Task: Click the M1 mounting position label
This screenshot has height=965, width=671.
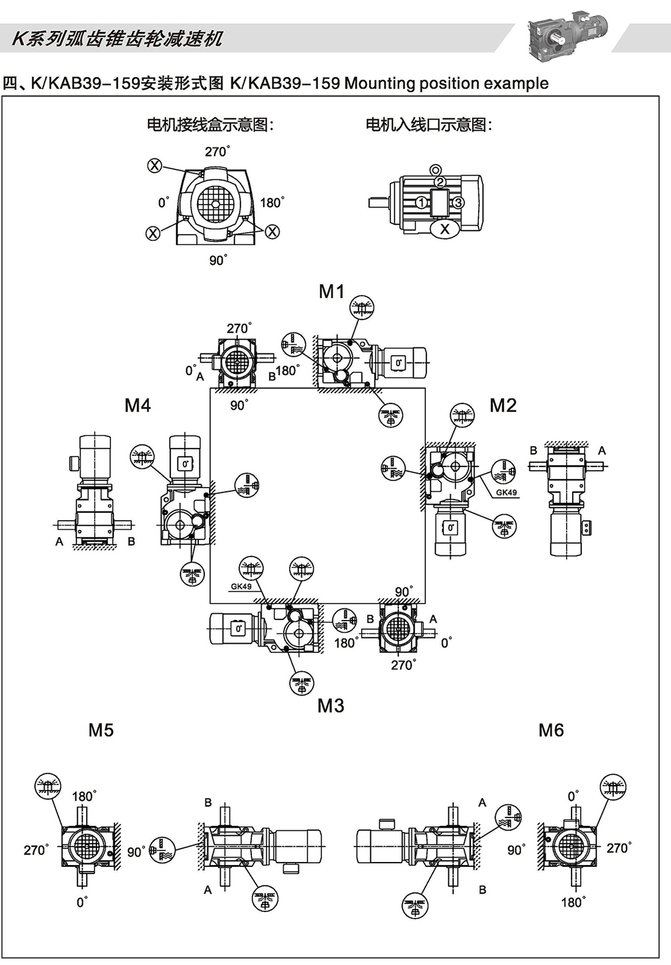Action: pos(331,291)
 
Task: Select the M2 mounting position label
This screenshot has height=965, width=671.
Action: pos(503,405)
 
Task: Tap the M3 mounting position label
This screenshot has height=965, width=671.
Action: pos(331,705)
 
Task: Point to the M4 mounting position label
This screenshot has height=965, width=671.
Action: pos(137,405)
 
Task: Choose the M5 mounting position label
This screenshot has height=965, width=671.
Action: pos(101,730)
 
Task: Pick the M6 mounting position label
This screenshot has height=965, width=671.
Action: pos(551,730)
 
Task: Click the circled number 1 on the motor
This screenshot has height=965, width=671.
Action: pos(421,202)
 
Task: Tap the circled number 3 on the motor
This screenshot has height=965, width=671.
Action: pos(459,202)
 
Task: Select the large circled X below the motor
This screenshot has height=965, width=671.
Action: pos(445,229)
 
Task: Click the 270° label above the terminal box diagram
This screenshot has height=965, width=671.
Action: pos(217,151)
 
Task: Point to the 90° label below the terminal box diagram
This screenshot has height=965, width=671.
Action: pos(218,260)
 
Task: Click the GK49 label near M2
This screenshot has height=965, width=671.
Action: pos(506,493)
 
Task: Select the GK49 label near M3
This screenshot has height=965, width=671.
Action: pos(241,586)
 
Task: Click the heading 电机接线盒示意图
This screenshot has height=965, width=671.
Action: pos(210,125)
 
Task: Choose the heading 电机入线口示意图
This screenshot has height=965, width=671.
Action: pos(429,125)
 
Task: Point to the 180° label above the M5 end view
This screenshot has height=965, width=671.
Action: pos(84,796)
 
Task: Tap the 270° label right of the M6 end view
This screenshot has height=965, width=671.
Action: pos(619,847)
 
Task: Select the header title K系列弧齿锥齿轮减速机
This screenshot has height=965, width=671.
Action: pos(117,39)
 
